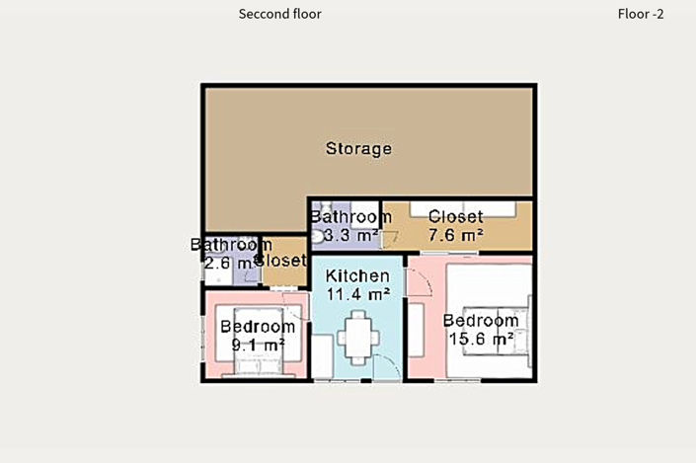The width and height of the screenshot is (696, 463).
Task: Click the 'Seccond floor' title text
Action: click(x=279, y=14)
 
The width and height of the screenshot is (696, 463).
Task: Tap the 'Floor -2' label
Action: click(x=641, y=14)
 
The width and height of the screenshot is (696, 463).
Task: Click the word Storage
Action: click(x=358, y=149)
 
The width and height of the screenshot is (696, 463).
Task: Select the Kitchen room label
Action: click(x=357, y=275)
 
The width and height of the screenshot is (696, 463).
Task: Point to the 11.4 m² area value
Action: click(x=358, y=293)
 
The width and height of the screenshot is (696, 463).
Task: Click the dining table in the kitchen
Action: click(x=358, y=338)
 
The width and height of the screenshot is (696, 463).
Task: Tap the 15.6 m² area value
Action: click(x=482, y=339)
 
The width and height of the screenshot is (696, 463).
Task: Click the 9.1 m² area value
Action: click(x=259, y=345)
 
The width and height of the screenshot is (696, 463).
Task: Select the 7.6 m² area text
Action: click(x=456, y=234)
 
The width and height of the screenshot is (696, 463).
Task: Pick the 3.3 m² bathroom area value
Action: click(x=350, y=235)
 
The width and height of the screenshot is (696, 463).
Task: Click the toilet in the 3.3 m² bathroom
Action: click(x=317, y=236)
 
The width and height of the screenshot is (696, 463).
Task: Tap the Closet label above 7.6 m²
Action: click(x=456, y=216)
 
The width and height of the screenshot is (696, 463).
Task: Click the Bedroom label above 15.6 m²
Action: click(x=481, y=321)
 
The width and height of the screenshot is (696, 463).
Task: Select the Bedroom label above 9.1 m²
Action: click(x=258, y=327)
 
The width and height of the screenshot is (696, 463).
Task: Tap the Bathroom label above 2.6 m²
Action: click(x=231, y=245)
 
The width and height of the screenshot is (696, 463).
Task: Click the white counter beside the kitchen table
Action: click(x=322, y=356)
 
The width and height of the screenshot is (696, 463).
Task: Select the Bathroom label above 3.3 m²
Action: click(x=351, y=217)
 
